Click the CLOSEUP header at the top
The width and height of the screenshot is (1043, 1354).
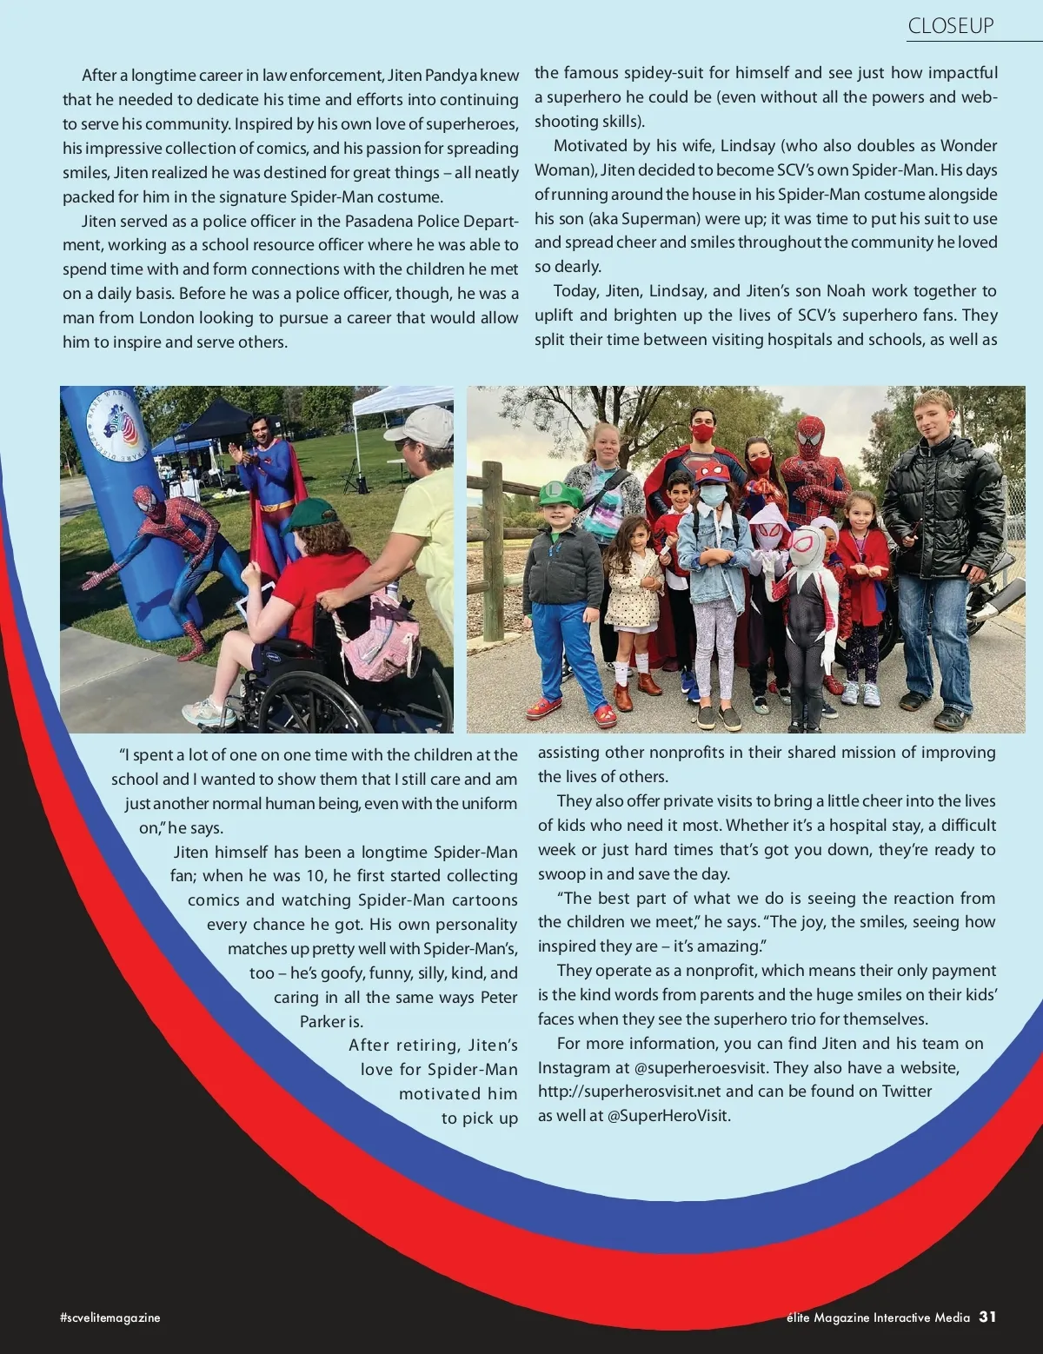tap(950, 26)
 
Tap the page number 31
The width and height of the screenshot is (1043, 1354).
tap(987, 1317)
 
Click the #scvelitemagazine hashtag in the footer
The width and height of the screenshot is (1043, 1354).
tap(110, 1317)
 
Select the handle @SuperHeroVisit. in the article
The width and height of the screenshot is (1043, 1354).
tap(669, 1115)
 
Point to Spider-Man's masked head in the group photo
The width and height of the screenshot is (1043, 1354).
tap(810, 438)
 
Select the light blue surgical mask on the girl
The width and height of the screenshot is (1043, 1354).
tap(713, 496)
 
